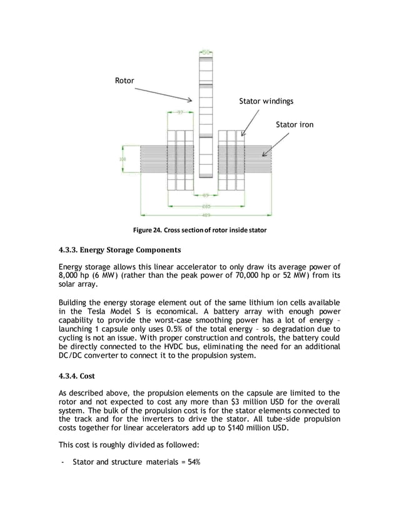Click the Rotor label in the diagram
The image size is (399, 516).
tap(124, 81)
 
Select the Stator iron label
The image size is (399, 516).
tap(295, 125)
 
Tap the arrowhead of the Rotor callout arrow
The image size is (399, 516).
tap(193, 101)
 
